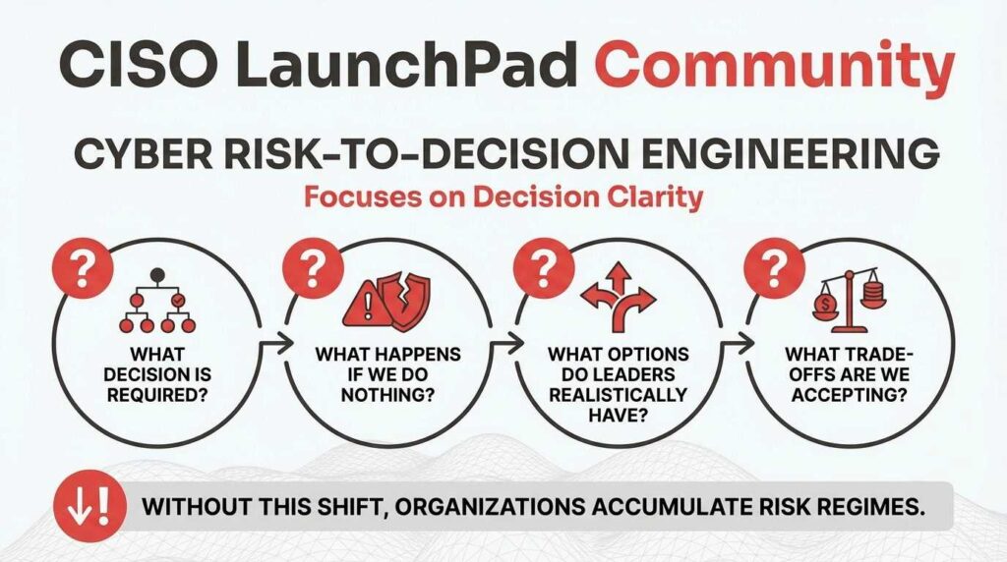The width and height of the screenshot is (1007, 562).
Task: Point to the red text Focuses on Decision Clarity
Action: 503,197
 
